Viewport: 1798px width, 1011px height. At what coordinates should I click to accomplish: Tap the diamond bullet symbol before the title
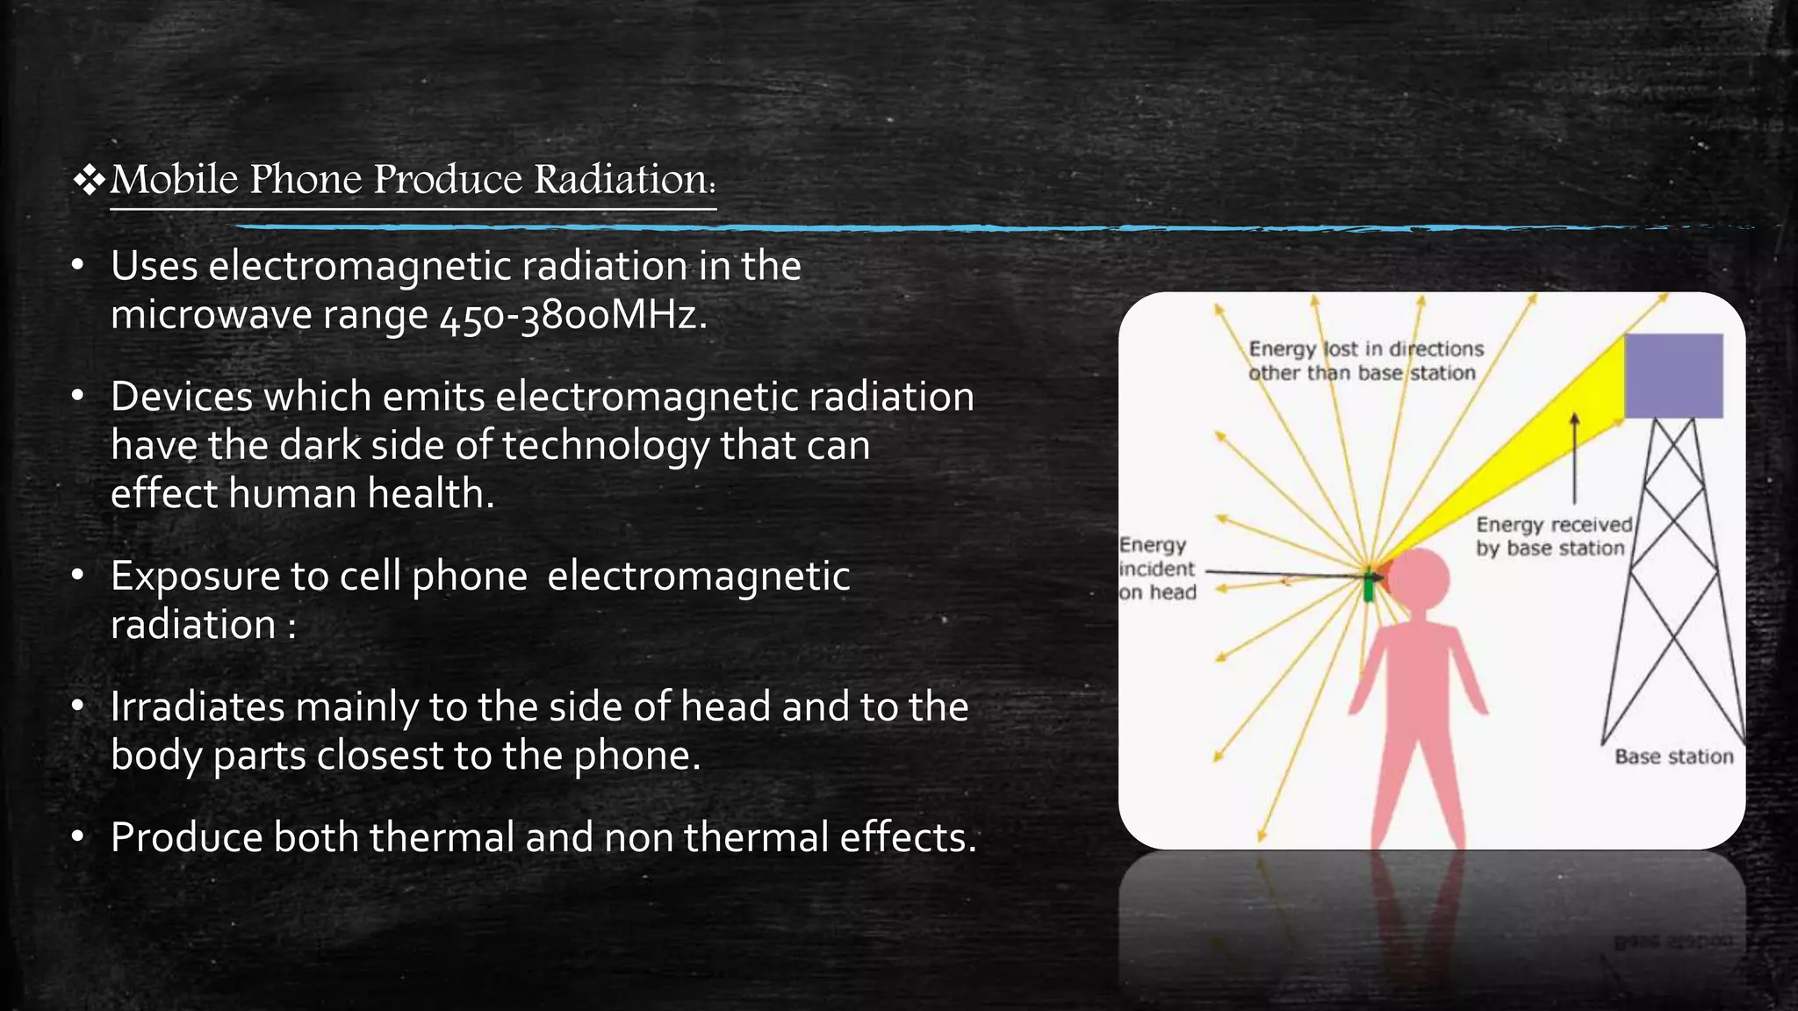point(89,180)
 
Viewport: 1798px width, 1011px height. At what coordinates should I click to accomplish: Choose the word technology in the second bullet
point(605,446)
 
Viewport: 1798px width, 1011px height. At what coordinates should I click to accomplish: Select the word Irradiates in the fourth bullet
point(198,707)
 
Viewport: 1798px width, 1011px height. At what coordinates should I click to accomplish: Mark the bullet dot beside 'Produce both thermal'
point(78,836)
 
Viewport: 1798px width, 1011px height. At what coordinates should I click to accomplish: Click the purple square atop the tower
point(1673,376)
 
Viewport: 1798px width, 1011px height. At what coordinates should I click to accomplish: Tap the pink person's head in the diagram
point(1419,579)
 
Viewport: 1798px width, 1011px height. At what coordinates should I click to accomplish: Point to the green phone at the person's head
point(1369,586)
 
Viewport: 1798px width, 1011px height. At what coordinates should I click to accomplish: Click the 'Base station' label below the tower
point(1673,756)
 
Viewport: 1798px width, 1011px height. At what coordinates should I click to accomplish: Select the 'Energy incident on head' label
point(1157,569)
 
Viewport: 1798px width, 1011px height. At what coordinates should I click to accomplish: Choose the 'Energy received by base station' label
point(1552,536)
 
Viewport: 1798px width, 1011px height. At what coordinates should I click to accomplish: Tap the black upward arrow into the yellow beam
point(1574,456)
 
